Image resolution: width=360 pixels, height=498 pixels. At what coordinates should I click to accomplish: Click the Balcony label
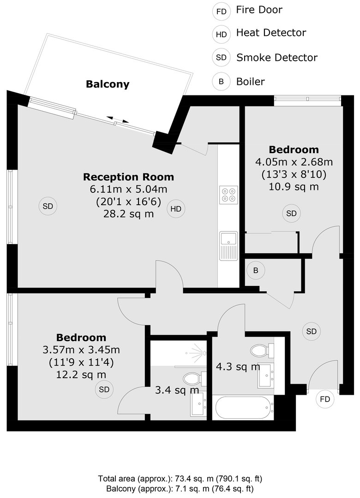(x=108, y=84)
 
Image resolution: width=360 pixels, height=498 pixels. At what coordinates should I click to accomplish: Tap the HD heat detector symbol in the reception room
(x=176, y=209)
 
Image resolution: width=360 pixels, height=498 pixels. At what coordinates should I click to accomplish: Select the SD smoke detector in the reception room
(x=48, y=206)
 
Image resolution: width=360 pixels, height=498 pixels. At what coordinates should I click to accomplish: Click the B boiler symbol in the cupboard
(x=255, y=271)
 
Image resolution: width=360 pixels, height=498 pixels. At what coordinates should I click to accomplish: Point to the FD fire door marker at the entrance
(x=325, y=399)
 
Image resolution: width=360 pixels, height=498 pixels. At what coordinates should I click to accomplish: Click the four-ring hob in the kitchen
(x=228, y=195)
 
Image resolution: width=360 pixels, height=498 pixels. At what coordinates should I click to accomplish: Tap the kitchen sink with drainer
(x=228, y=246)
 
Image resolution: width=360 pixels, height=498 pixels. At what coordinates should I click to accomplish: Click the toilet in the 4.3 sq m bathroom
(x=263, y=350)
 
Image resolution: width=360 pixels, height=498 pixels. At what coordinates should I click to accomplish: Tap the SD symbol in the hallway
(x=312, y=331)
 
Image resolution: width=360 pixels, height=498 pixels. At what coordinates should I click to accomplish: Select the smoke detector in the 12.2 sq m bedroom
(x=104, y=389)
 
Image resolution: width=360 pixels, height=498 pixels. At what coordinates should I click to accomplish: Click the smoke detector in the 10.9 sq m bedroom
(x=291, y=213)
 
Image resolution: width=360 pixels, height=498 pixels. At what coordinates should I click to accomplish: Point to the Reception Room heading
(x=128, y=177)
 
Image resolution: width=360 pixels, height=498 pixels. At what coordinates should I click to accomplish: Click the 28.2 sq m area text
(x=128, y=214)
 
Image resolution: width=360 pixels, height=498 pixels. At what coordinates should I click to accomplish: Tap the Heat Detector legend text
(x=271, y=33)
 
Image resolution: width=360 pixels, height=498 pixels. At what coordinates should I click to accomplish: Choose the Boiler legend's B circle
(x=221, y=82)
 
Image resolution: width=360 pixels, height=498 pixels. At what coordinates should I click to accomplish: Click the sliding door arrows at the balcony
(x=118, y=119)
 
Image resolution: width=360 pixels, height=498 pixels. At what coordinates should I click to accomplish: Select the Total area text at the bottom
(x=180, y=478)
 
